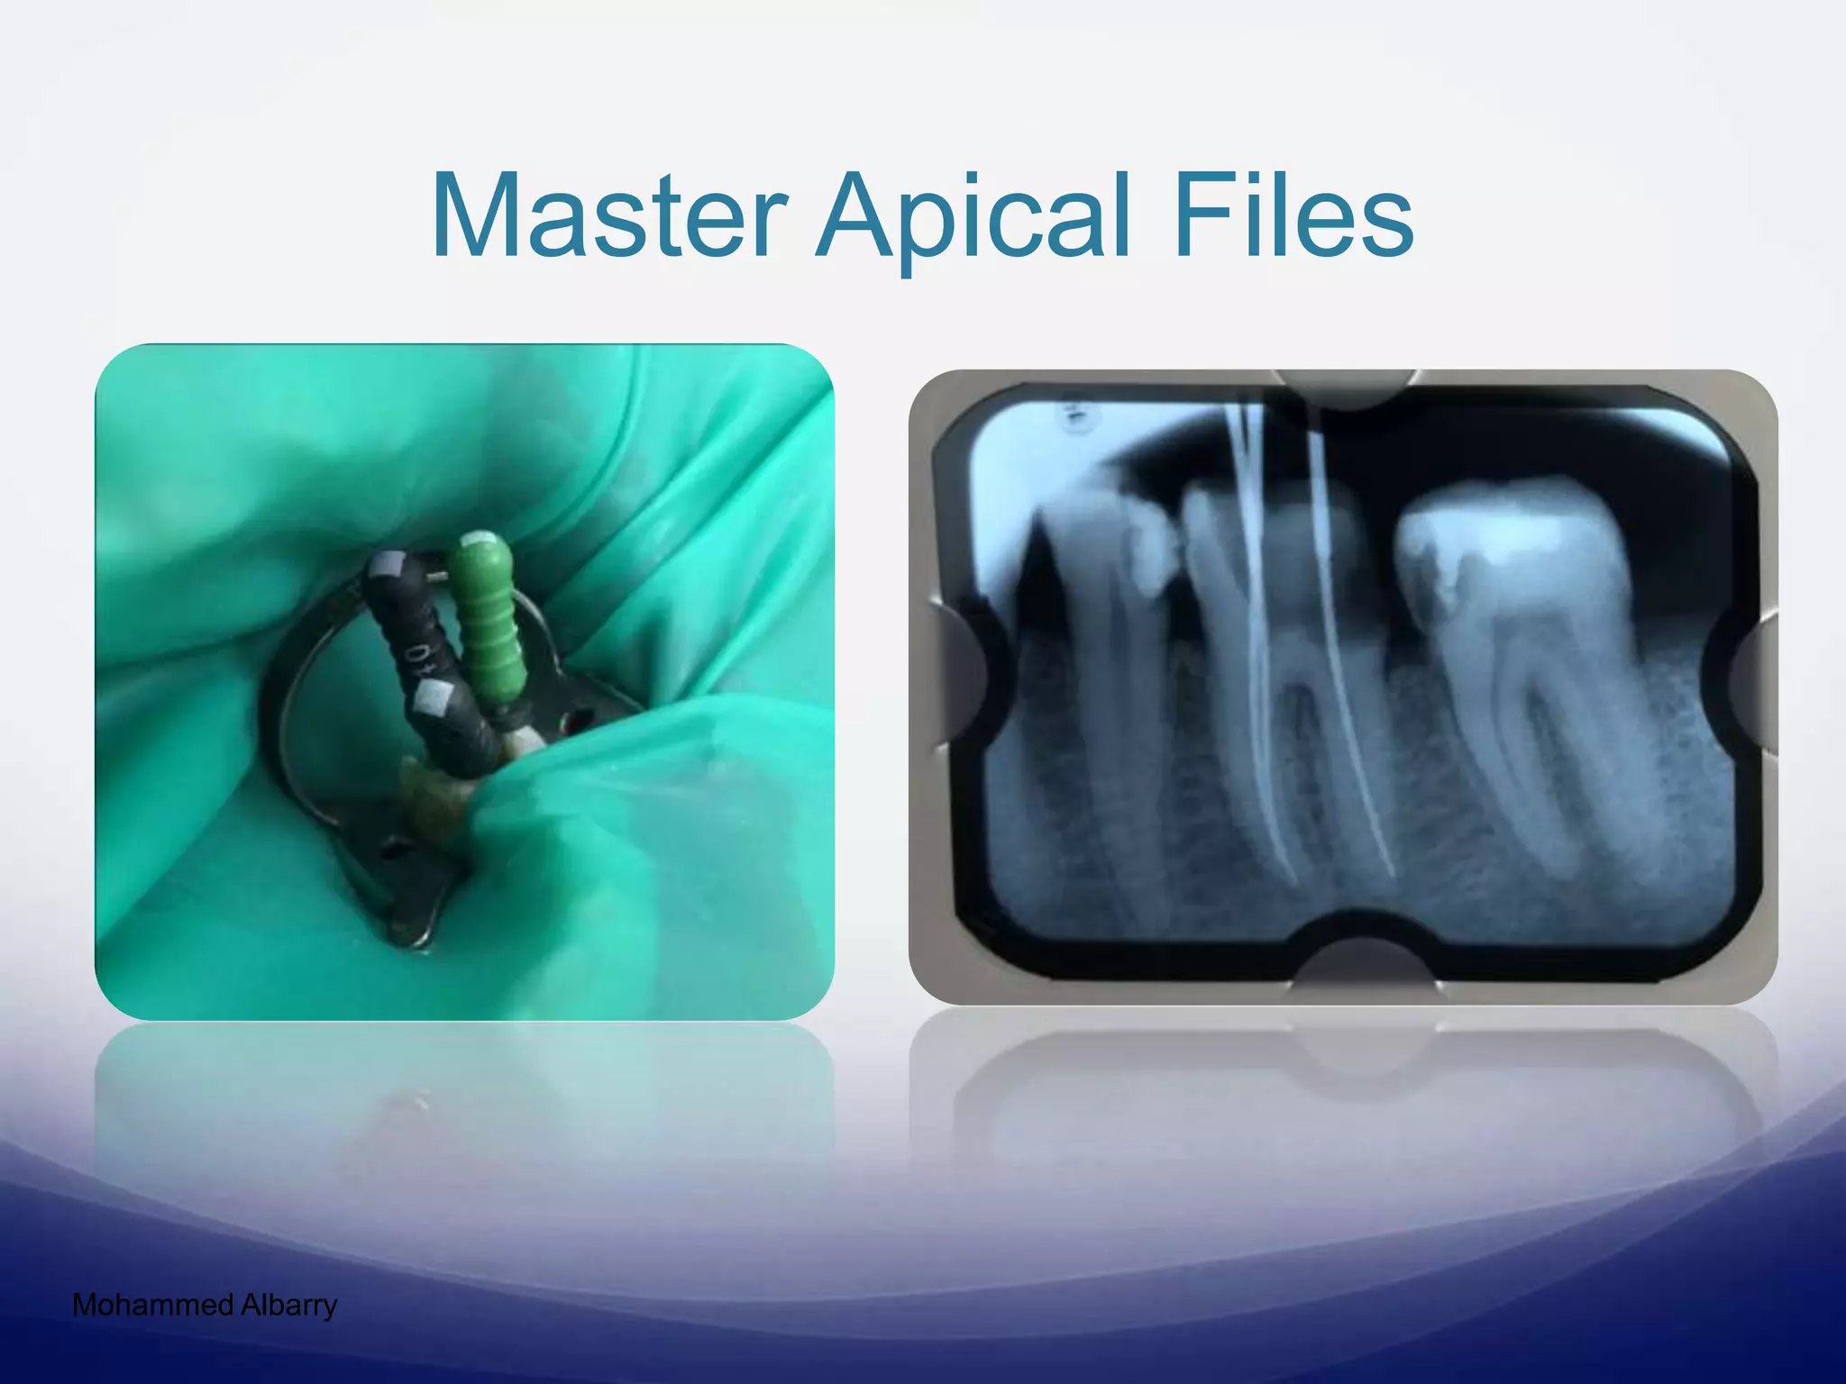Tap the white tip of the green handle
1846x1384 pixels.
(477, 541)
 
